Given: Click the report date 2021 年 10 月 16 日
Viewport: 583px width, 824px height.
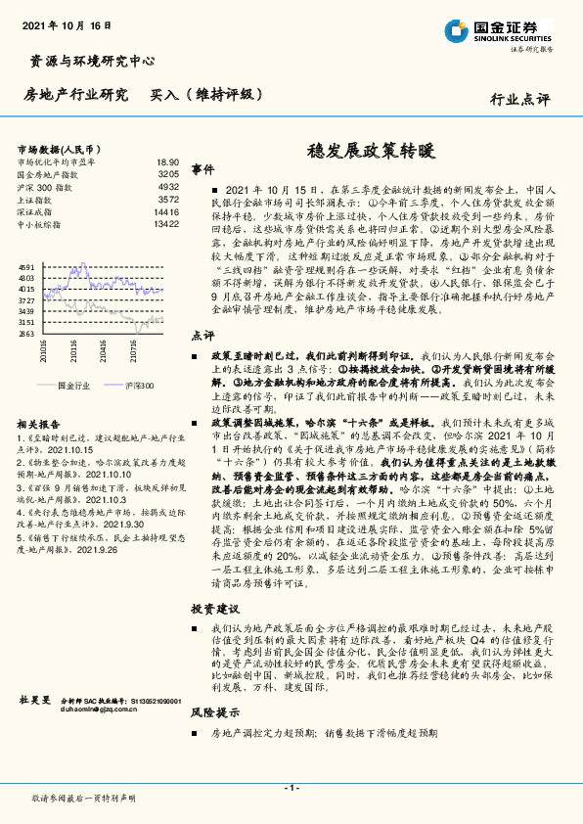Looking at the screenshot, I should pos(67,24).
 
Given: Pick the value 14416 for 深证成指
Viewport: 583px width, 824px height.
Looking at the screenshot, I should pos(165,211).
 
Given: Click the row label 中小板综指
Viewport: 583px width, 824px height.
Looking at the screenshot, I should pos(38,224).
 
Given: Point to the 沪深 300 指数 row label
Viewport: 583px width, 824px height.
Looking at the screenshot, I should pos(44,186).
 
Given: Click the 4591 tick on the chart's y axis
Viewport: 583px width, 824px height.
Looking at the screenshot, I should pos(26,267).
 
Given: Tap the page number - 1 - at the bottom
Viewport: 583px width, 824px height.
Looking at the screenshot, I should pos(291,788).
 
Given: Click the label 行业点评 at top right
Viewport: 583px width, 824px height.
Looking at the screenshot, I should pos(519,99).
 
